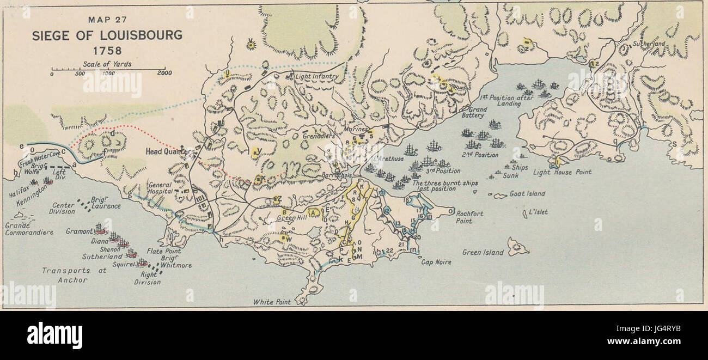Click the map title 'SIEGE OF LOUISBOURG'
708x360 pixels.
coord(107,36)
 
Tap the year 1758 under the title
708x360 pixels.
coord(107,51)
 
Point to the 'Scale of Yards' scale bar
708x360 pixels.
coord(108,70)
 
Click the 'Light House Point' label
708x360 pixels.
coord(562,172)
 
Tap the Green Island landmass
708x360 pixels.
coord(517,246)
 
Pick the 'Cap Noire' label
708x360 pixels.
coord(436,262)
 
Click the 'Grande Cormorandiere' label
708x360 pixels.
coord(29,228)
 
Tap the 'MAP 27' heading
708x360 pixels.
coord(107,20)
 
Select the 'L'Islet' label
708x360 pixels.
coord(538,212)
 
